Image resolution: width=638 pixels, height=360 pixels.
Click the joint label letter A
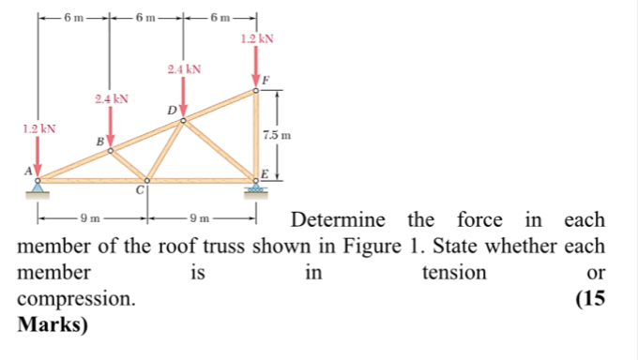click(27, 169)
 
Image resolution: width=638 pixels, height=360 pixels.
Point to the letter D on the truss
click(171, 111)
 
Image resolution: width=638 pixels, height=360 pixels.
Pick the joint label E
click(266, 174)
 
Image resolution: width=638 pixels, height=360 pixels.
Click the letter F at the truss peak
click(267, 82)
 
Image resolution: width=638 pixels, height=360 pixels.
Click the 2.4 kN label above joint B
click(112, 97)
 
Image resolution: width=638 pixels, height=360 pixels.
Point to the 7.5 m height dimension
click(279, 135)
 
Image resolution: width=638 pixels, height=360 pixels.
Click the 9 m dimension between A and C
click(90, 218)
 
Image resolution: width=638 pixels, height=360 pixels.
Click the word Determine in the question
click(339, 221)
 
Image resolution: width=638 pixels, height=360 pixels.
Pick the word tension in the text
click(455, 273)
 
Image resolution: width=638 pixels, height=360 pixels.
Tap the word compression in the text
click(76, 300)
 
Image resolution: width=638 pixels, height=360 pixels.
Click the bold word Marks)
click(53, 325)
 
